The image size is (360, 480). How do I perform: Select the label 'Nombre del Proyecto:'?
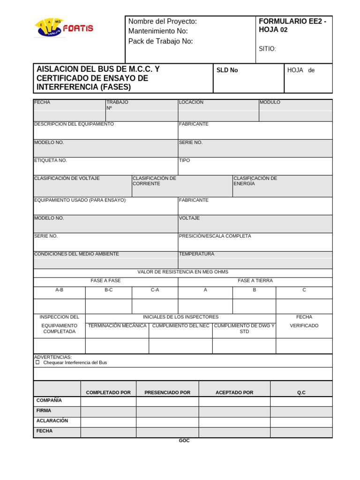pos(162,22)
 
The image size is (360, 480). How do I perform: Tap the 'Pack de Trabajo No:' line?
pos(160,41)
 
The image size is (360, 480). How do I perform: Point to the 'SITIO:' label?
pos(267,49)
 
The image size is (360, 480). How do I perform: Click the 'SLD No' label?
pos(227,70)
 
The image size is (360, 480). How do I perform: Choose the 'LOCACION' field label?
pos(191,102)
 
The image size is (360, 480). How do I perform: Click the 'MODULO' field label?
pos(270,102)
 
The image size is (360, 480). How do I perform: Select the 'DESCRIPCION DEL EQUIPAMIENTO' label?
pos(74,124)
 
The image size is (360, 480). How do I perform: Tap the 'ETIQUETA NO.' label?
pos(51,160)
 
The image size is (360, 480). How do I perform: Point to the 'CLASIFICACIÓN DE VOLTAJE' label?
pos(67,179)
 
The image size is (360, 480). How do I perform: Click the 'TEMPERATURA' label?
pos(196,254)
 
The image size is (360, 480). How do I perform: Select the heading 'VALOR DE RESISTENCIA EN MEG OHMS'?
pos(183,272)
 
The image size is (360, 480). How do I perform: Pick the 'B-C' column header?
pos(108,290)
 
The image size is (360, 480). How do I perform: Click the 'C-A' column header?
pos(155,290)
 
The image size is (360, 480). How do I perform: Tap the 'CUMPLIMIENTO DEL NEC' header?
pos(180,326)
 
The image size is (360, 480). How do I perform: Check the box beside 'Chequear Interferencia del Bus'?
pos(38,362)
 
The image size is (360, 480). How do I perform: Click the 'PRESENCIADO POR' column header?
pos(167,393)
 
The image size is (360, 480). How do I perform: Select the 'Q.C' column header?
pos(301,393)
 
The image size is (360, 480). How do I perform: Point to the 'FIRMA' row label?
pos(44,411)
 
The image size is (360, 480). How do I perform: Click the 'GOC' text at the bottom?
pos(184,441)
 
